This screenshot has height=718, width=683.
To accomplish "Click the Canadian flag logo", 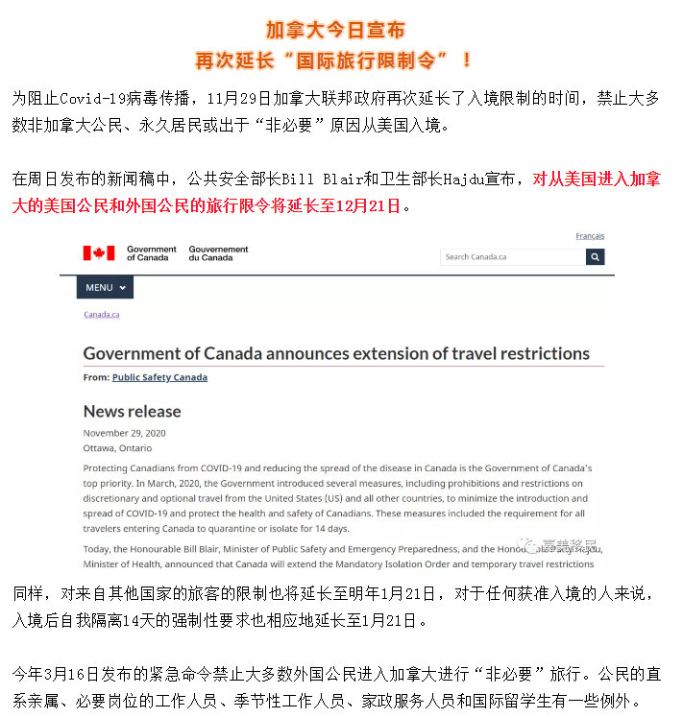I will click(98, 253).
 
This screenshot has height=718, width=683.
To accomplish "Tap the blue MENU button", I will click(107, 287).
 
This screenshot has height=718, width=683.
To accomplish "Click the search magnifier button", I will click(596, 256).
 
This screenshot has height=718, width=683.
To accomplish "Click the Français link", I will click(590, 236).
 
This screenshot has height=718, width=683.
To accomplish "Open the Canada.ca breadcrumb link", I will click(101, 314).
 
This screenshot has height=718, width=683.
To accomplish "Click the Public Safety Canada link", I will click(159, 377).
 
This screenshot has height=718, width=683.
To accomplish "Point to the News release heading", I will click(132, 411).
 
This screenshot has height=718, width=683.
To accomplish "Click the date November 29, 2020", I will click(124, 433).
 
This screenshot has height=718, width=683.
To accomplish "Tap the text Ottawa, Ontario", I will click(117, 447).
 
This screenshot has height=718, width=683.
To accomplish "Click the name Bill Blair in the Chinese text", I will click(299, 179).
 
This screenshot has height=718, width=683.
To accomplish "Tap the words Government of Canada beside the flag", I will click(152, 253).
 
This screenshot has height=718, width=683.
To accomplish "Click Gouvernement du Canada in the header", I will click(218, 253).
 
